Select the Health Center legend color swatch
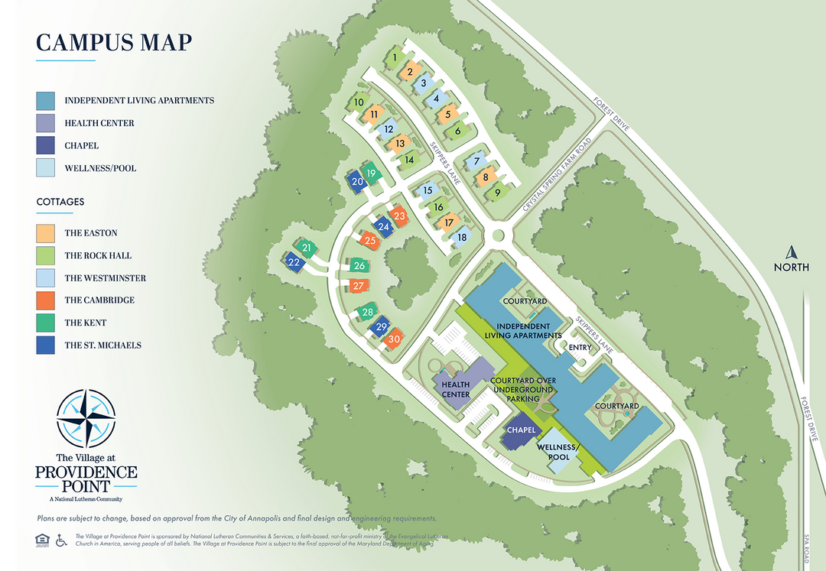pos(46,123)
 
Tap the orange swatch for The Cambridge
pos(46,300)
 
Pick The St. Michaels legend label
pos(102,346)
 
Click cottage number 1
pos(395,57)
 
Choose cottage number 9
pos(496,192)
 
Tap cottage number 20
pos(356,182)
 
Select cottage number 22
pos(294,261)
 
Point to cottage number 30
pos(394,339)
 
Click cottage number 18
pos(461,238)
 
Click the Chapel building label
pos(521,430)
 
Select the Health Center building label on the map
pos(456,389)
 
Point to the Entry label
pos(580,348)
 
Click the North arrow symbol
pos(791,251)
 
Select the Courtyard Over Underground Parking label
pos(523,389)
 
